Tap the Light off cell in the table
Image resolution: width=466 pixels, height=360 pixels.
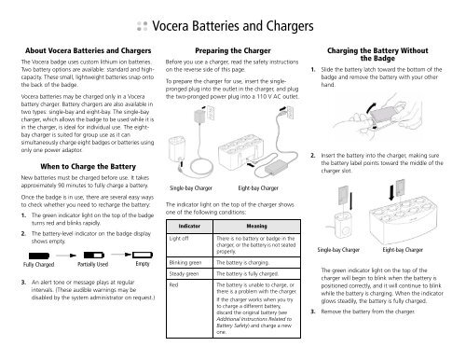pyautogui.click(x=181, y=239)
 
